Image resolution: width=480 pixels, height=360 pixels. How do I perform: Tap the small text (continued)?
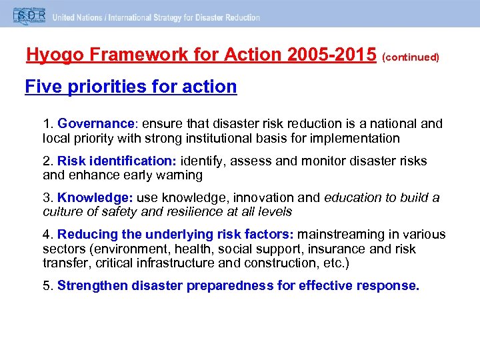tap(411, 57)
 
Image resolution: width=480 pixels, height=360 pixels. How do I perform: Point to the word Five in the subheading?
tap(41, 87)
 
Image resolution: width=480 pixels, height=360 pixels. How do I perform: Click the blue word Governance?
tap(96, 124)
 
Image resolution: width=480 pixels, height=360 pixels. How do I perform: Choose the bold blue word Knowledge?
tap(95, 197)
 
